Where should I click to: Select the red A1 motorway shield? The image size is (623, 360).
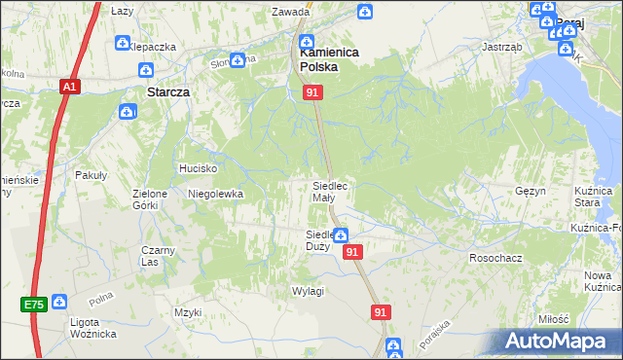click(69, 87)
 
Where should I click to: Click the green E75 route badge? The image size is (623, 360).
click(35, 305)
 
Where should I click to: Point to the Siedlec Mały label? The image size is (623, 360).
click(330, 191)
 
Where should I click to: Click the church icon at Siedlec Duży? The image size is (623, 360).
click(342, 234)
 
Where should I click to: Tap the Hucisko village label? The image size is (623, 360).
click(197, 168)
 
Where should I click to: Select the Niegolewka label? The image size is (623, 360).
click(215, 194)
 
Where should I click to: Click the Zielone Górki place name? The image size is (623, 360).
click(151, 198)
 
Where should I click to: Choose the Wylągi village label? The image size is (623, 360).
click(308, 291)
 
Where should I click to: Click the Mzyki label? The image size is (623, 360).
click(187, 312)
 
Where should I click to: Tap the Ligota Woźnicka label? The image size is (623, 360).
click(93, 328)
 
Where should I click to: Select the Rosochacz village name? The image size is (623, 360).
click(492, 258)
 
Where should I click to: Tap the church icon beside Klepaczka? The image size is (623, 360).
click(123, 43)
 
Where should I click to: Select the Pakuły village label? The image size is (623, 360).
click(91, 175)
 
